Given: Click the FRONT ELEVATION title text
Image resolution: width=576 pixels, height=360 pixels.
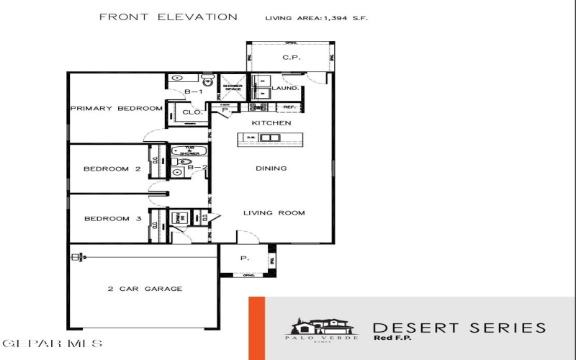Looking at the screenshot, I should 168,17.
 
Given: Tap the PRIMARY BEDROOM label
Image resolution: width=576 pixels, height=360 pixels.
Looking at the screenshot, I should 116,109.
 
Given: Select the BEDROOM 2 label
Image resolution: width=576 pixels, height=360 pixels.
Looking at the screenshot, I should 112,169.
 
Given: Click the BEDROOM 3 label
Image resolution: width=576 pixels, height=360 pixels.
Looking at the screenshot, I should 112,219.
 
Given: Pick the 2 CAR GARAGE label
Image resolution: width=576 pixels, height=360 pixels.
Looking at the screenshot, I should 145,289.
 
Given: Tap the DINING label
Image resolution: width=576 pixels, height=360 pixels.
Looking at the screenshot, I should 271,168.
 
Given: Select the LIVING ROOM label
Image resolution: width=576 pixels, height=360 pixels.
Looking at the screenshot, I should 274,212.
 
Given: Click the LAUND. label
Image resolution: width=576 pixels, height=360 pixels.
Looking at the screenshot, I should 285,89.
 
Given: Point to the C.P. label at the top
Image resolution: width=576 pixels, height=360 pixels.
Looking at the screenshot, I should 291,56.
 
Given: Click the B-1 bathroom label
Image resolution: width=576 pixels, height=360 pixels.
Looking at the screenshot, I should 193,92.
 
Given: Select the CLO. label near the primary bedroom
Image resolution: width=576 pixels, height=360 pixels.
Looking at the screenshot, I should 192,112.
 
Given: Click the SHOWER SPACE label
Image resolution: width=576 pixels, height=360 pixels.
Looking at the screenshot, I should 232,88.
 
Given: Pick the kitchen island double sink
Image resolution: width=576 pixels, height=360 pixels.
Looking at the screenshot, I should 270,138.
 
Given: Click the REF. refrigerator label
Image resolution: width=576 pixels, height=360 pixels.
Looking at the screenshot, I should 290,107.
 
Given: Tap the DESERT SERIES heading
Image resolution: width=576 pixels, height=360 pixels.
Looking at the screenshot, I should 459,328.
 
